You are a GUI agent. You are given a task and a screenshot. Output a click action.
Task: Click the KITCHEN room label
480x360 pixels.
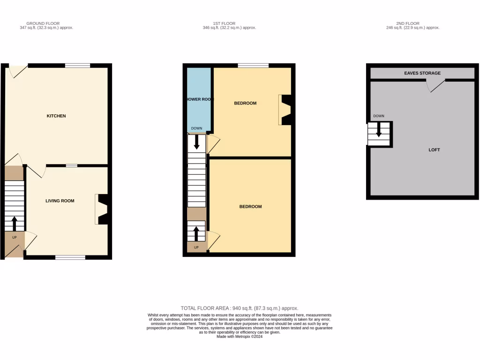pyautogui.click(x=56, y=116)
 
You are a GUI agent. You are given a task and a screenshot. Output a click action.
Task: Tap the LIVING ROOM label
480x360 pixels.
pyautogui.click(x=60, y=201)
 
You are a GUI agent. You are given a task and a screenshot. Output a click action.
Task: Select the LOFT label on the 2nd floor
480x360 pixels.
pyautogui.click(x=434, y=150)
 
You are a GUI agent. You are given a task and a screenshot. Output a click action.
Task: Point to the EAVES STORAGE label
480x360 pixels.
pyautogui.click(x=422, y=73)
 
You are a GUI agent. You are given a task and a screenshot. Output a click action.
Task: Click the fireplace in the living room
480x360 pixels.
pyautogui.click(x=103, y=209)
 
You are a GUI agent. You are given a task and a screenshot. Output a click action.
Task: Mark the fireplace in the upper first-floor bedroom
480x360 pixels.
pyautogui.click(x=285, y=110)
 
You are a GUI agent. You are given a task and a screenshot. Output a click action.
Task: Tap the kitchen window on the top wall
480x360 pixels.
pyautogui.click(x=77, y=66)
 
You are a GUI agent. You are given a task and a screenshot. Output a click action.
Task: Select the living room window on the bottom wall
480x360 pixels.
pyautogui.click(x=70, y=257)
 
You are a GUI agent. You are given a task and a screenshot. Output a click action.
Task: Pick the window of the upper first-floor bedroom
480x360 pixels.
pyautogui.click(x=253, y=66)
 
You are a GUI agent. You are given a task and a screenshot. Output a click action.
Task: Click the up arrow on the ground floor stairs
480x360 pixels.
pyautogui.click(x=14, y=223)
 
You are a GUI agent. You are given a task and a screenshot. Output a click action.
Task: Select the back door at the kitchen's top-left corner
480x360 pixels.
pyautogui.click(x=18, y=70)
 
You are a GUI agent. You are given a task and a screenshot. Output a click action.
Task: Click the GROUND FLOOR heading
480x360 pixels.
pyautogui.click(x=43, y=23)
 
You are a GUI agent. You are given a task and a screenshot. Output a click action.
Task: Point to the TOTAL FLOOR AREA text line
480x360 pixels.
pyautogui.click(x=240, y=308)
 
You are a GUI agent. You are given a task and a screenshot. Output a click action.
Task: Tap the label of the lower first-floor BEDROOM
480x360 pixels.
pyautogui.click(x=250, y=207)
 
